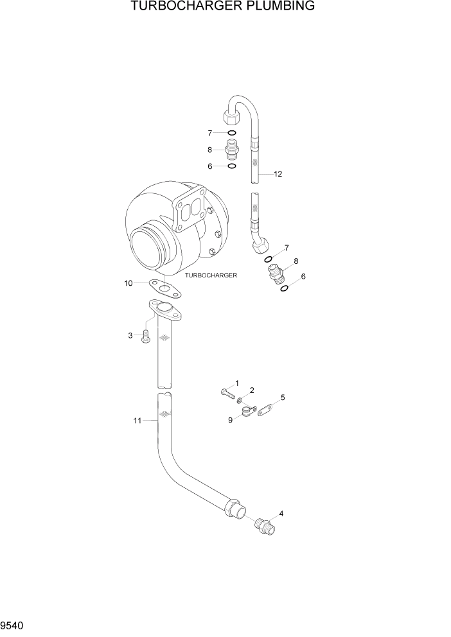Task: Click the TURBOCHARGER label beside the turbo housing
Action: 211,275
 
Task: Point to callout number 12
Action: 278,174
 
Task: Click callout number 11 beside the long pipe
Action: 136,421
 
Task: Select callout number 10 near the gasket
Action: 128,283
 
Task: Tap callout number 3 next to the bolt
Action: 130,335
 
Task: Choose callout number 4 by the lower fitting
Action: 280,514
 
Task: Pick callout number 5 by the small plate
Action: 283,397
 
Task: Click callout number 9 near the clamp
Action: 231,420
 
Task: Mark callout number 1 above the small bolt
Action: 236,383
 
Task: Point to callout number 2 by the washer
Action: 252,390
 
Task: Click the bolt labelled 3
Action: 146,335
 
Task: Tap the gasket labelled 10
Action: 165,290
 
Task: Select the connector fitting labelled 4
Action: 265,525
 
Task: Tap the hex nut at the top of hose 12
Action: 232,118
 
